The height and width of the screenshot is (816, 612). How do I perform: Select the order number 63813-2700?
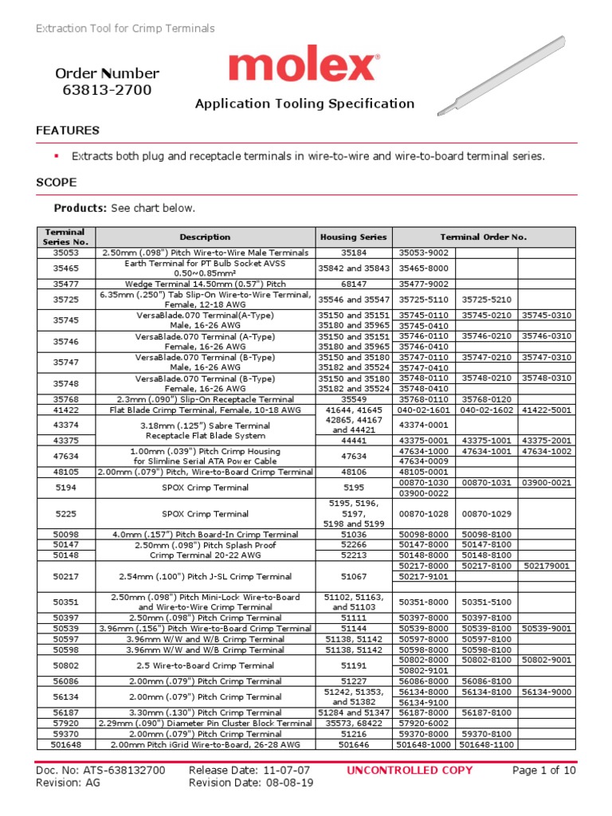[107, 90]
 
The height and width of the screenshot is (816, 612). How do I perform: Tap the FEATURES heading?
[68, 130]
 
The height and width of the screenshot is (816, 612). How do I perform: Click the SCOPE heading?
[57, 182]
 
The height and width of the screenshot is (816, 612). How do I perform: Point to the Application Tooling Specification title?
[305, 104]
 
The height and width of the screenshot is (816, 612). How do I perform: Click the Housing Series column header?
[353, 237]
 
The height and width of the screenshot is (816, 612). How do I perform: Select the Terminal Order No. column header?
[484, 237]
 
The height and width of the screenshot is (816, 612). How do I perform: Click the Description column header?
[205, 237]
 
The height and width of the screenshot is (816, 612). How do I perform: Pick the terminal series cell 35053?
[66, 253]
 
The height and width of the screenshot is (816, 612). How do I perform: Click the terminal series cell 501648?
[66, 744]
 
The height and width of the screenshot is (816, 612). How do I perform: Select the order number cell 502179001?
[546, 566]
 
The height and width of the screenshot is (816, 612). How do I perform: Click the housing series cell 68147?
[353, 284]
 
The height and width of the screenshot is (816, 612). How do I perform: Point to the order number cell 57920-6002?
[423, 723]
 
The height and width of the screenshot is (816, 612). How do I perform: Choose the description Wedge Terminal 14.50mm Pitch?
[205, 284]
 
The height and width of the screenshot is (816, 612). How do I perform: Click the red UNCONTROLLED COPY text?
[410, 771]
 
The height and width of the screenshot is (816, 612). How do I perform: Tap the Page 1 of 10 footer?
[543, 771]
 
